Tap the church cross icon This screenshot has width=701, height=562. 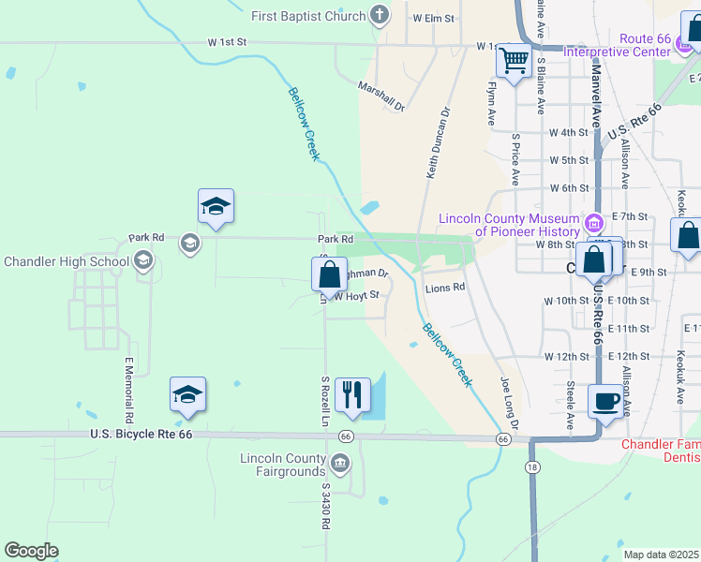379,15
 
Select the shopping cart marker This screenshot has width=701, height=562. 514,62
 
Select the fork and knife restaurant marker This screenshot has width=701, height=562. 352,396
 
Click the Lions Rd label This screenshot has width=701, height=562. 445,288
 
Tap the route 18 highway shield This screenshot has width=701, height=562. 532,466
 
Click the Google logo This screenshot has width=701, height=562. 31,551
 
